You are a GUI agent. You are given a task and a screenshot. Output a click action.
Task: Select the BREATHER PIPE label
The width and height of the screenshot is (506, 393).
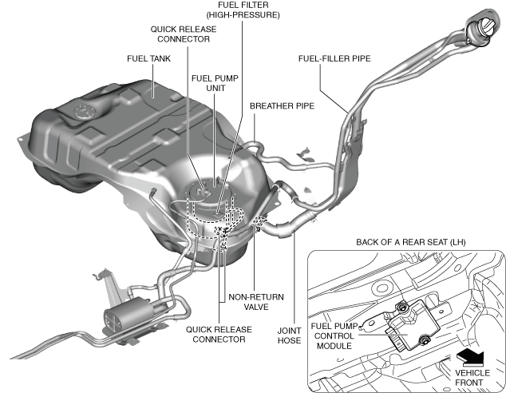coord(282,105)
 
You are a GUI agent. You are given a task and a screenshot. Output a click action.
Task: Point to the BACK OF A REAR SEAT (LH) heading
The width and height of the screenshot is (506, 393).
coord(407,242)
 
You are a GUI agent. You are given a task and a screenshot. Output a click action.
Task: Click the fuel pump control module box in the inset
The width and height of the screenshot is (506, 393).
coord(411,324)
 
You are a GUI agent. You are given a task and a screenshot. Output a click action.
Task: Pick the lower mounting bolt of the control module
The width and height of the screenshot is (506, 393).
coord(424,342)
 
